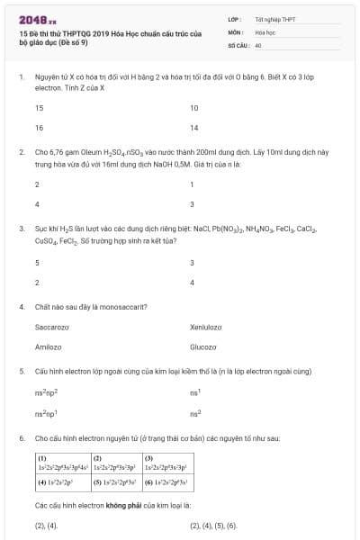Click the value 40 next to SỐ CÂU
(258, 44)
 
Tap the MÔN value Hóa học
(265, 31)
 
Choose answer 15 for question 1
(39, 108)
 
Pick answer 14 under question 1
(194, 128)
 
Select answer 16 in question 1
(39, 128)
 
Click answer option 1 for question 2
(192, 184)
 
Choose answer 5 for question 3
(37, 263)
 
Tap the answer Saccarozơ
(52, 327)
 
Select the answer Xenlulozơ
(206, 327)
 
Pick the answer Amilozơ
(48, 346)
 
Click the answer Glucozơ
(203, 346)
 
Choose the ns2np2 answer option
(46, 392)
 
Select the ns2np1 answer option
(46, 413)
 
